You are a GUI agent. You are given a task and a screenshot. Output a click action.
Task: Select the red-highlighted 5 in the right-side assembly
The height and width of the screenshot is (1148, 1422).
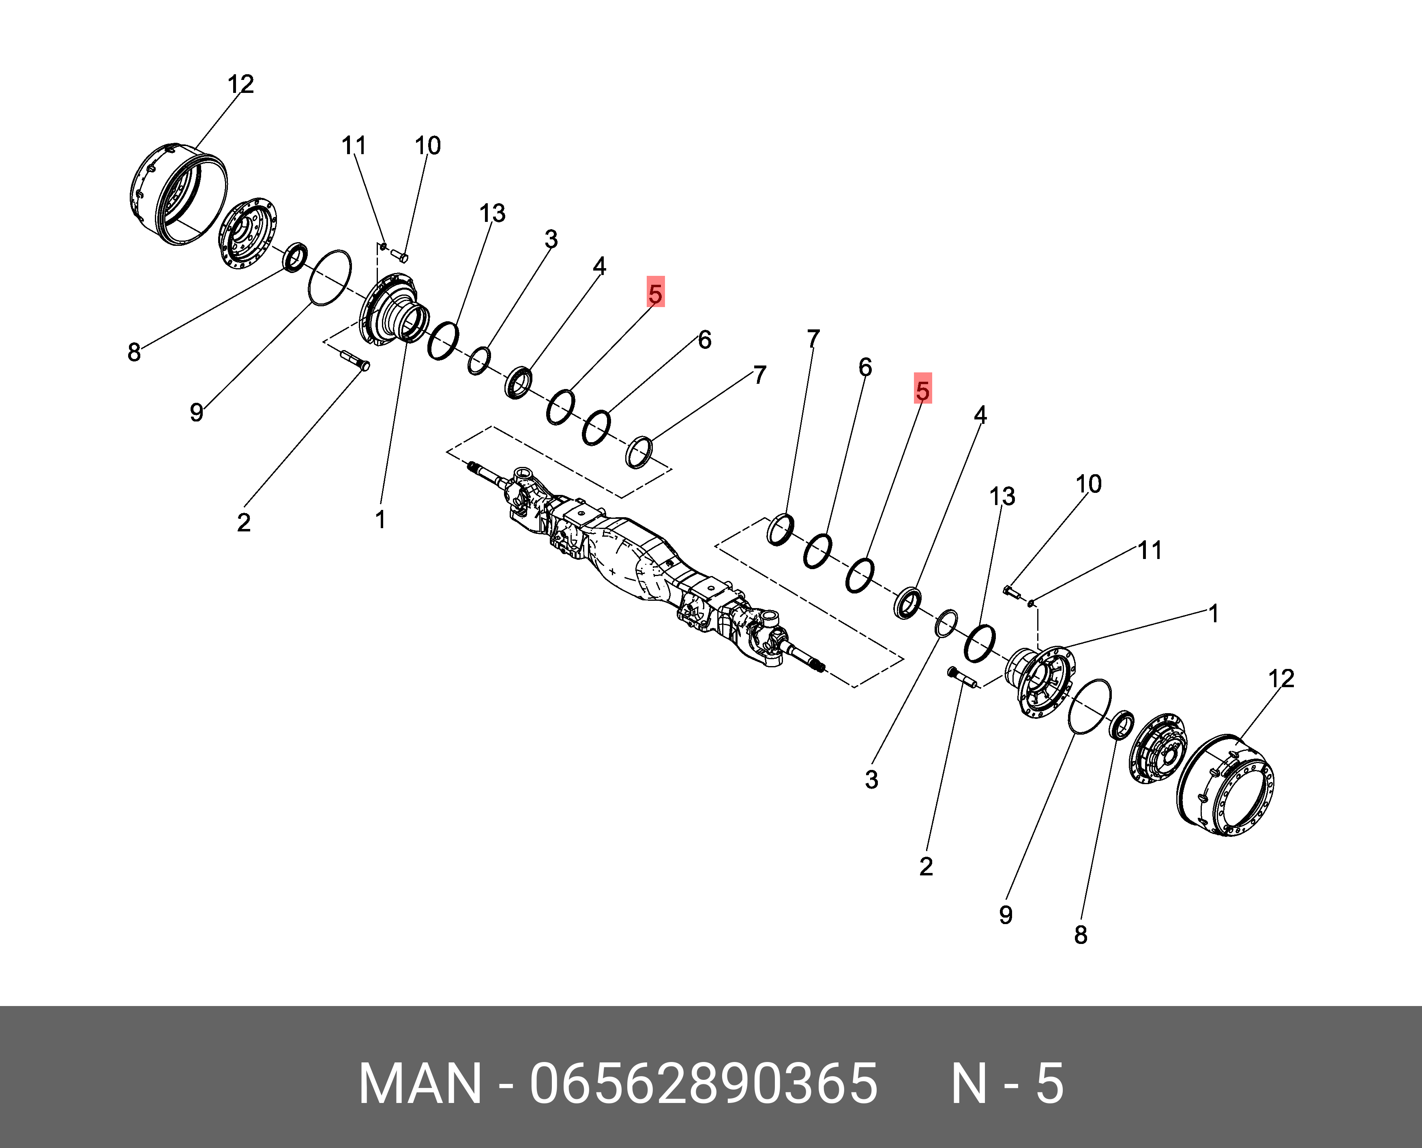922,389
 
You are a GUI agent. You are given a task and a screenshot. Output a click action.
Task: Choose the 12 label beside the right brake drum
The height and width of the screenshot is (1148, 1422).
1280,679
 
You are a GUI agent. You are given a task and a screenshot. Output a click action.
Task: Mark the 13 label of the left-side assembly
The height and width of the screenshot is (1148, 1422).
492,214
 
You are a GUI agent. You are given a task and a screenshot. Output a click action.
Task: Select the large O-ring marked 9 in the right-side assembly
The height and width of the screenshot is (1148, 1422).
1090,706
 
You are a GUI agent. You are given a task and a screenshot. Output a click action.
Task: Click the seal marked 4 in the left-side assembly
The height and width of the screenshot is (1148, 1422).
518,382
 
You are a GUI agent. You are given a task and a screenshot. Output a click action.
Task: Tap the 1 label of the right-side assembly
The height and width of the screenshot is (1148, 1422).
1213,614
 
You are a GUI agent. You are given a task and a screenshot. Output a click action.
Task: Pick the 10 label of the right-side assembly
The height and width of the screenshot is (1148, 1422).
1088,484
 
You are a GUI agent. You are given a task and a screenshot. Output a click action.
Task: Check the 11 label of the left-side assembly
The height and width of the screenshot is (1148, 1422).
354,146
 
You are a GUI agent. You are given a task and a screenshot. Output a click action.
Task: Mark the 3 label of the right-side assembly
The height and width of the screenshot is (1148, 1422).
871,780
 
